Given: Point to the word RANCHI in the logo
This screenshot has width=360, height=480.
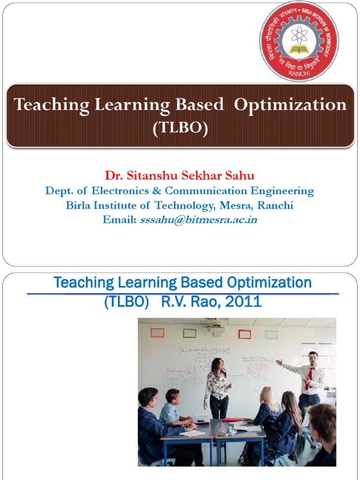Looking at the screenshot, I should (x=299, y=74).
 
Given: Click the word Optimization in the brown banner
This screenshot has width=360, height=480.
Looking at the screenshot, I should (x=290, y=105).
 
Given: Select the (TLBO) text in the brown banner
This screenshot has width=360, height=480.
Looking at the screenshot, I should (x=180, y=128).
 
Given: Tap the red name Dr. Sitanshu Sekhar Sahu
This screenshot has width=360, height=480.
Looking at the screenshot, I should (x=180, y=176).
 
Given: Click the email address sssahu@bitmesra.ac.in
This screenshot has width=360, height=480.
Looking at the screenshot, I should (x=198, y=220).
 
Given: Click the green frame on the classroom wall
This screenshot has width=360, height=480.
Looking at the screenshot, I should (x=189, y=333).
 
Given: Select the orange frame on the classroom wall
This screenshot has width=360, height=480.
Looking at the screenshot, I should (x=157, y=333).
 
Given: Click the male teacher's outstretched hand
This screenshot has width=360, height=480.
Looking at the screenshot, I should (x=279, y=362).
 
